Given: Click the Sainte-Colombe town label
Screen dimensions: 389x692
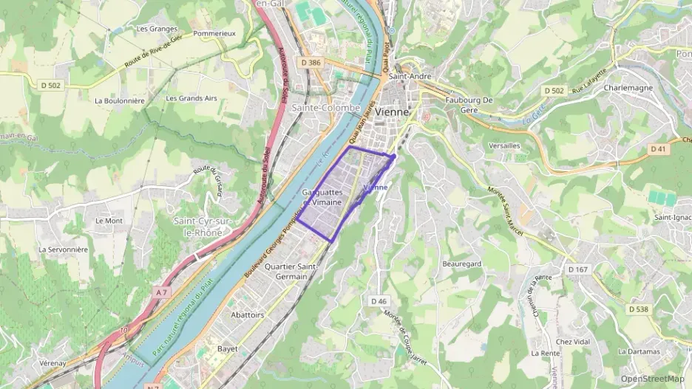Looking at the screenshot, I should click(x=326, y=108).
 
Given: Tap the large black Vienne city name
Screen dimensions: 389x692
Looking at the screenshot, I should click(x=392, y=111).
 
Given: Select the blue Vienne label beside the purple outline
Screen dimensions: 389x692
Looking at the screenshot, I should click(x=376, y=187).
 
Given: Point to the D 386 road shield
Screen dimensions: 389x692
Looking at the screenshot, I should click(x=311, y=63).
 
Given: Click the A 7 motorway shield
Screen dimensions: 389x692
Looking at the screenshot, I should click(x=162, y=292).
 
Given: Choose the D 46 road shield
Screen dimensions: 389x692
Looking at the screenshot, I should click(x=378, y=300).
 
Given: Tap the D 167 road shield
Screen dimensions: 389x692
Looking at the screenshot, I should click(x=578, y=269).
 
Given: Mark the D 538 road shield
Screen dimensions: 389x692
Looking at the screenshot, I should click(x=637, y=309).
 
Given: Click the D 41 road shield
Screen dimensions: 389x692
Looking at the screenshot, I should click(x=658, y=149).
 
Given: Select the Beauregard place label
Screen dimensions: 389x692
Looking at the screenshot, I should click(x=461, y=264).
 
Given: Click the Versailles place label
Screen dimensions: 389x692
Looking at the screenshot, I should click(x=504, y=145).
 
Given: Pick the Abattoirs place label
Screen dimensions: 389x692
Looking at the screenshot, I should click(x=247, y=314).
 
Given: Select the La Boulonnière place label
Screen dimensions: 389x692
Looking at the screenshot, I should click(x=119, y=100).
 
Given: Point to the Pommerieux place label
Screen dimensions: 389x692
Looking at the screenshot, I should click(x=214, y=33).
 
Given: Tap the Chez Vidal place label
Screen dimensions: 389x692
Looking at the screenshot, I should click(x=573, y=342).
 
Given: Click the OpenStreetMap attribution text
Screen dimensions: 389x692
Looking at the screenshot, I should click(x=652, y=379).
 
